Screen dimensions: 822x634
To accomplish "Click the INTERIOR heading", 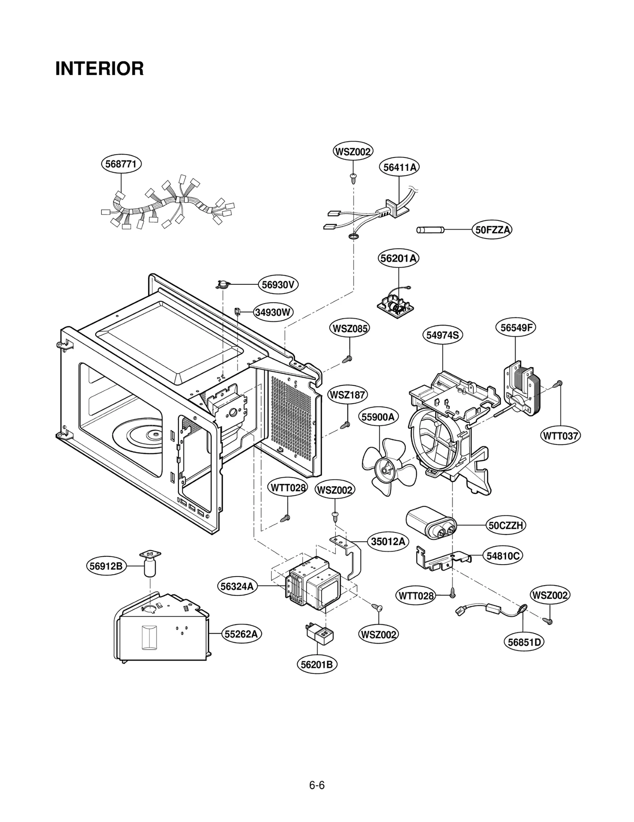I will pyautogui.click(x=99, y=69).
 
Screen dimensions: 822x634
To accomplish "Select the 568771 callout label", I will pyautogui.click(x=121, y=164).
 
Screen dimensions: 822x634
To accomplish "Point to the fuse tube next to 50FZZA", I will pyautogui.click(x=430, y=230).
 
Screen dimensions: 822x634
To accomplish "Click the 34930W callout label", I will pyautogui.click(x=273, y=312).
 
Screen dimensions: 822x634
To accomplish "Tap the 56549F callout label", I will pyautogui.click(x=516, y=328).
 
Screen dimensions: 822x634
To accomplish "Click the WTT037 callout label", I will pyautogui.click(x=560, y=436).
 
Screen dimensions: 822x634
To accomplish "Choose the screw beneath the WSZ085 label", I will pyautogui.click(x=347, y=359).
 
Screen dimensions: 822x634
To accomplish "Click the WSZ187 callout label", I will pyautogui.click(x=348, y=395).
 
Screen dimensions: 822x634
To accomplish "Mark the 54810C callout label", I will pyautogui.click(x=502, y=556).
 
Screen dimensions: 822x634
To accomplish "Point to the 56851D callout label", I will pyautogui.click(x=524, y=642).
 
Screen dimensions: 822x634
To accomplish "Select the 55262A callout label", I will pyautogui.click(x=241, y=634).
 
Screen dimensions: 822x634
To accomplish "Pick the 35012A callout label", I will pyautogui.click(x=388, y=542).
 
